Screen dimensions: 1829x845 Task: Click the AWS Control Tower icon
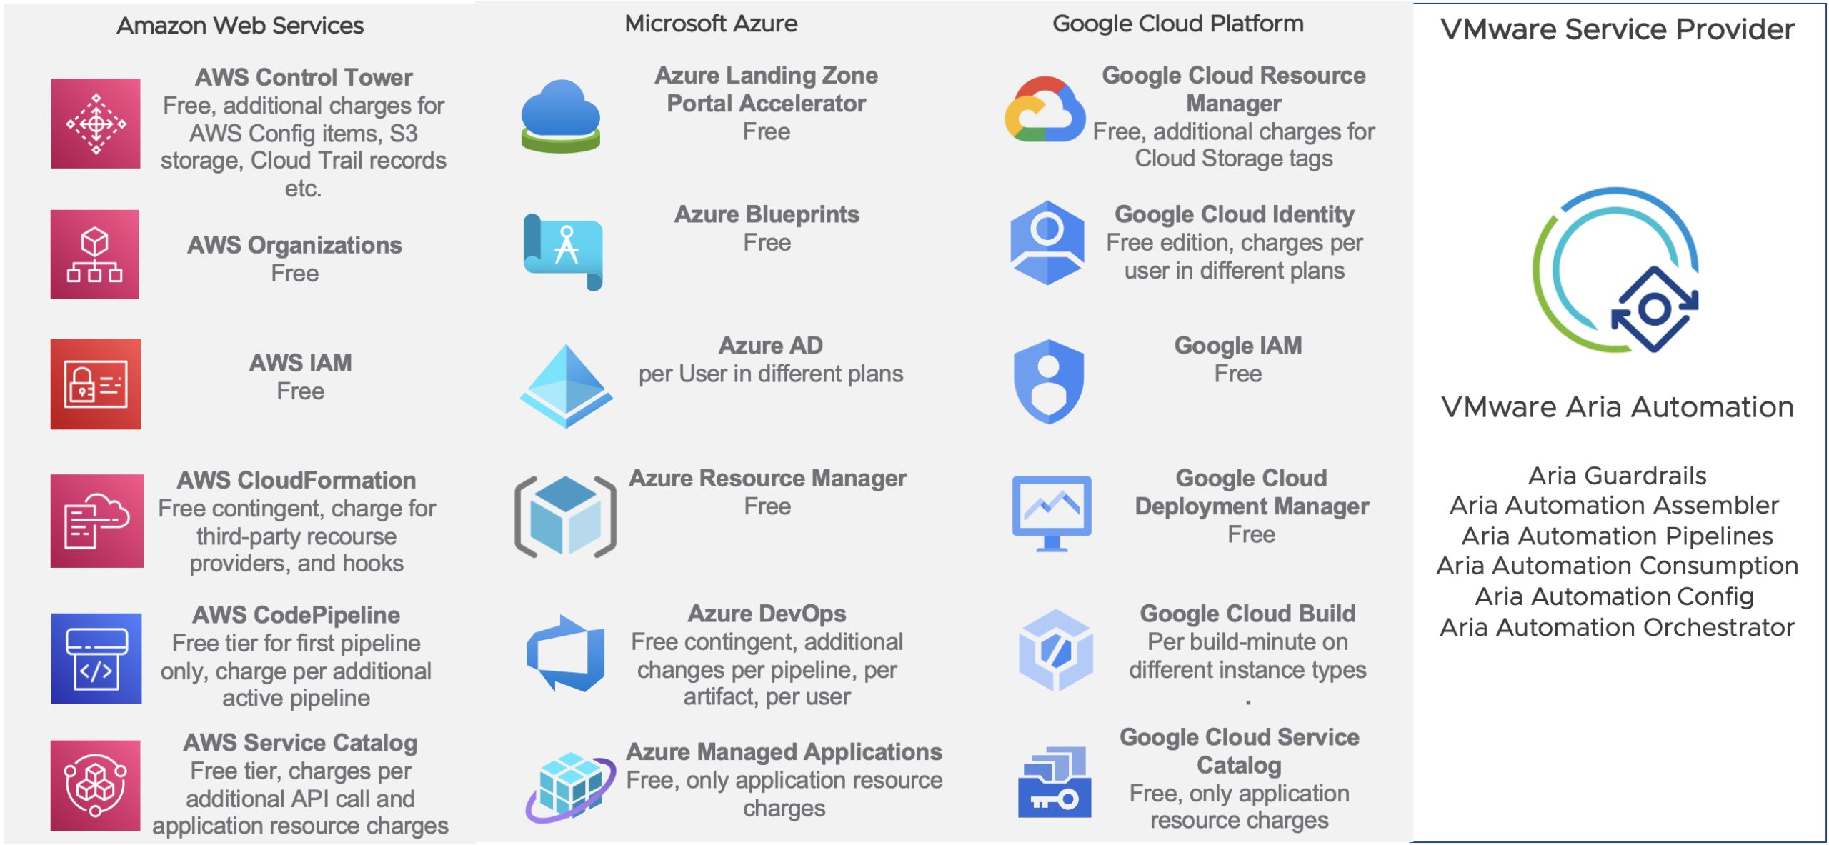(96, 124)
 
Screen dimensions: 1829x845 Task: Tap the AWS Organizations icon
(95, 254)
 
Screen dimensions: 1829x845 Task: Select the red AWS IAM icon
(96, 384)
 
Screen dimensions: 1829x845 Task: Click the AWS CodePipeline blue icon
(96, 659)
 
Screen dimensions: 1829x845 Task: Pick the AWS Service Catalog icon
(96, 786)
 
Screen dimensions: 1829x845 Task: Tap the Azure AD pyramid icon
(566, 386)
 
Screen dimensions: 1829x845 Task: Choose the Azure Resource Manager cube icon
(566, 516)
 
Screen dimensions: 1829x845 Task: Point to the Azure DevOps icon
(566, 653)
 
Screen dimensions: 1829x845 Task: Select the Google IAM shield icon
(1048, 381)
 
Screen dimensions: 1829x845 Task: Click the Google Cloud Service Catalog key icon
(1055, 782)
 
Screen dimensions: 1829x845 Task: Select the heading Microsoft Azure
(711, 24)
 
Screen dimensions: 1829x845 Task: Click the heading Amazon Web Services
(240, 26)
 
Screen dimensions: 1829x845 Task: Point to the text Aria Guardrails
(1617, 476)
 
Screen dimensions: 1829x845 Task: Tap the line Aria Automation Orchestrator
(1617, 627)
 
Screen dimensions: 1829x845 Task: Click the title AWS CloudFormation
(296, 480)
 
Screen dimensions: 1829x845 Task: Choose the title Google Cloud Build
(1247, 614)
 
